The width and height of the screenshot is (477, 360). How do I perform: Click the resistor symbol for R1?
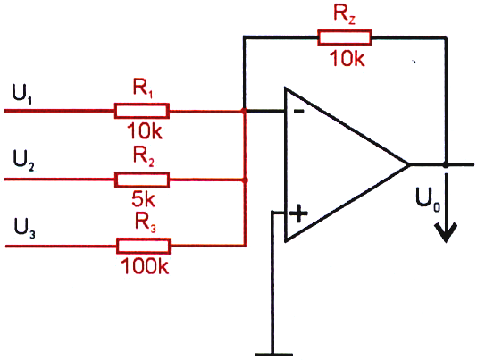[142, 111]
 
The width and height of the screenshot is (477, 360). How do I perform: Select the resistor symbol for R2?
[142, 180]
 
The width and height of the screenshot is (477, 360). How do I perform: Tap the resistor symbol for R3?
[143, 246]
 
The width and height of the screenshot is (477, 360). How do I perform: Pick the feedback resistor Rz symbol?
[345, 38]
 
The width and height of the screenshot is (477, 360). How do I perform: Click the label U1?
[22, 94]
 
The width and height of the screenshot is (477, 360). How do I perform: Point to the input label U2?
[23, 160]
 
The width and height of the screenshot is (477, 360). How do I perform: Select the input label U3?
[24, 228]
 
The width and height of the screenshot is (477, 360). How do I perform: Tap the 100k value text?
[145, 266]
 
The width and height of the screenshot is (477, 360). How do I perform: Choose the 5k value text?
[144, 199]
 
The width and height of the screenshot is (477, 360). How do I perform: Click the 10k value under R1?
[144, 131]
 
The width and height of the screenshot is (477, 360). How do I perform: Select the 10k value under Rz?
[347, 58]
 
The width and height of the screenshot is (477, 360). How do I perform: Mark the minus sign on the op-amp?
[298, 112]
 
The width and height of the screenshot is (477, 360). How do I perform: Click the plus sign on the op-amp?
[298, 213]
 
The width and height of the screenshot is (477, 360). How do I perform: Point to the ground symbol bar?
[273, 355]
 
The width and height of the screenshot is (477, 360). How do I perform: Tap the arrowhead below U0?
[446, 232]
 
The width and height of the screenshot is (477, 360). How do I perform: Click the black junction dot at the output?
[446, 164]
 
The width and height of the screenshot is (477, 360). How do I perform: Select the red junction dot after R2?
[245, 180]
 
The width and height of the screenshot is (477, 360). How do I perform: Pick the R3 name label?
[146, 222]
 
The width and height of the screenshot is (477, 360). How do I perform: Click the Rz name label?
[345, 14]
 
